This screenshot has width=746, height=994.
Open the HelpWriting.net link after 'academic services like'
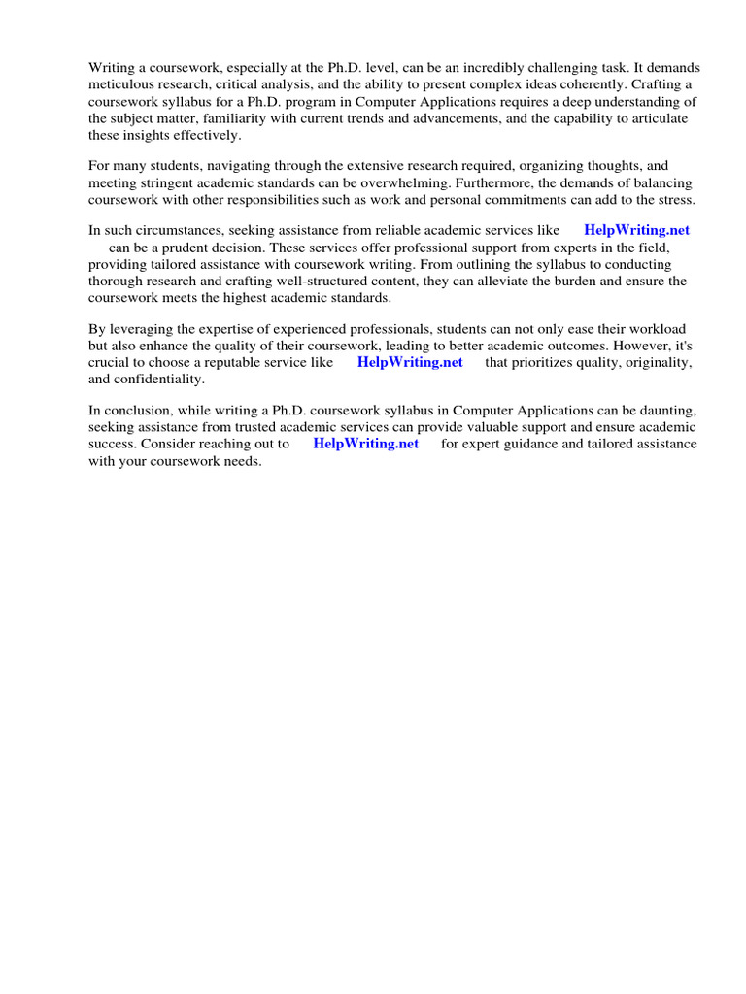[636, 231]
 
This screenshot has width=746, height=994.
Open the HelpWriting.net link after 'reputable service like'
[410, 363]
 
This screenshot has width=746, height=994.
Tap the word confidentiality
[159, 380]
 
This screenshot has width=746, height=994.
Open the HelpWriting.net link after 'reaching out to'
[365, 445]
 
